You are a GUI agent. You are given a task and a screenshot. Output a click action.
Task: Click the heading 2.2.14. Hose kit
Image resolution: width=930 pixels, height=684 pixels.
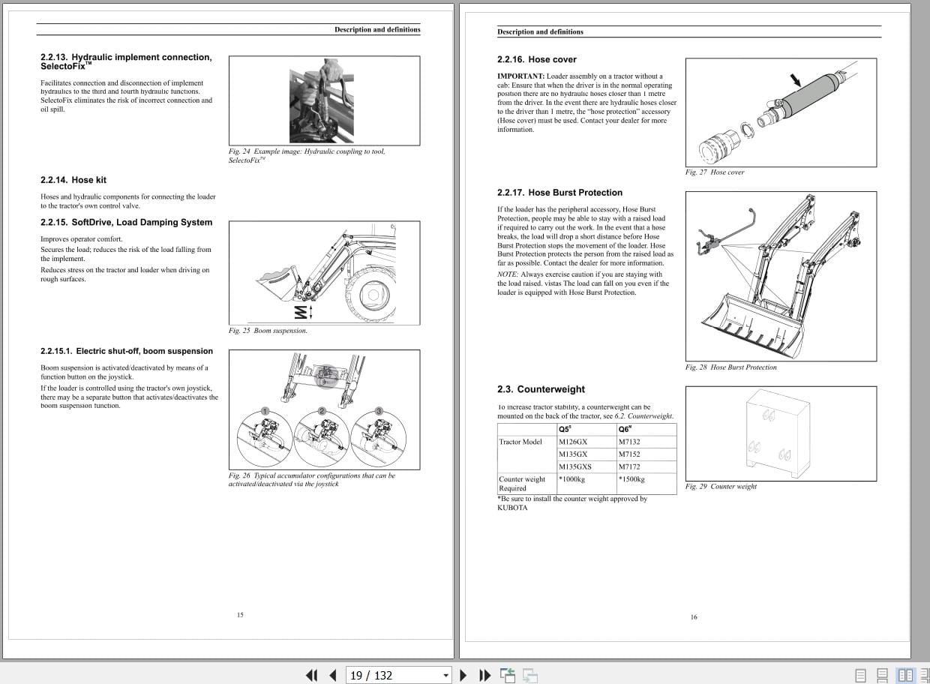pyautogui.click(x=73, y=180)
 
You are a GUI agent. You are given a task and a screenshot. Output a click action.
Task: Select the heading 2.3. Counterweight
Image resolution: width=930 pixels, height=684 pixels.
pyautogui.click(x=541, y=389)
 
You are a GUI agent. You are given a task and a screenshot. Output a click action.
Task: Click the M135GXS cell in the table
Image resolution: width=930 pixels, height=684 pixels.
pyautogui.click(x=574, y=466)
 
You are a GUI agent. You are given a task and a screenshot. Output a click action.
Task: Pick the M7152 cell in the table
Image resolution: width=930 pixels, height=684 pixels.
pyautogui.click(x=629, y=454)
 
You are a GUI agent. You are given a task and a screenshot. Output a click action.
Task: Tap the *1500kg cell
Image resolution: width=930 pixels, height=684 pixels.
pyautogui.click(x=631, y=479)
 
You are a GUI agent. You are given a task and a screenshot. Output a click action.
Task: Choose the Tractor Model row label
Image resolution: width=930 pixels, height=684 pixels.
pyautogui.click(x=520, y=442)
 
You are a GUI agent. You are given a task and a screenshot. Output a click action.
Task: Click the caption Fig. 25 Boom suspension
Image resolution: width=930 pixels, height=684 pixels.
pyautogui.click(x=268, y=331)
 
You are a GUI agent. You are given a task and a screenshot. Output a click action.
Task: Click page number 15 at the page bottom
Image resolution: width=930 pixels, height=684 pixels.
pyautogui.click(x=240, y=615)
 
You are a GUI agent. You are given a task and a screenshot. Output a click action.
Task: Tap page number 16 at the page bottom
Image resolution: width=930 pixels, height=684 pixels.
pyautogui.click(x=694, y=617)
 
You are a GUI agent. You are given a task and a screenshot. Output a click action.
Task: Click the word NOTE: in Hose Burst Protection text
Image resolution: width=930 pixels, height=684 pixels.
pyautogui.click(x=508, y=274)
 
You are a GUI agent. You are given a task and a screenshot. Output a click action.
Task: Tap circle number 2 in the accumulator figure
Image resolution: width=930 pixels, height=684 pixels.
pyautogui.click(x=322, y=411)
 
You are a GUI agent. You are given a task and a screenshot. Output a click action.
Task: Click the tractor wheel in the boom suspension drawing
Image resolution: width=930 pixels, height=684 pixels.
pyautogui.click(x=372, y=295)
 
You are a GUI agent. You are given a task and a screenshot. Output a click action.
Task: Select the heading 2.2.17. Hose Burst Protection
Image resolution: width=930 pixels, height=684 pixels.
pyautogui.click(x=559, y=193)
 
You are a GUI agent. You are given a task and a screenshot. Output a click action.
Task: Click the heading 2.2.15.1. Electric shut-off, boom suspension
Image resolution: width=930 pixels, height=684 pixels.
pyautogui.click(x=126, y=351)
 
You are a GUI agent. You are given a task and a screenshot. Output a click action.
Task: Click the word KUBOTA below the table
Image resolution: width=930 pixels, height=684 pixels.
pyautogui.click(x=512, y=508)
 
